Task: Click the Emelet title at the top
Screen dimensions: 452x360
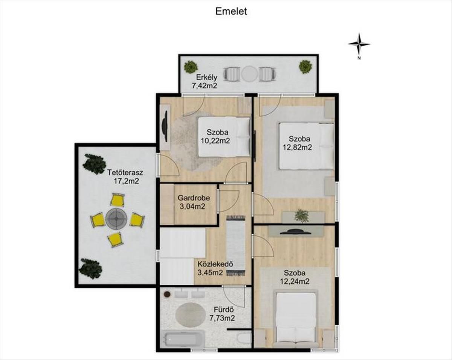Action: coord(231,11)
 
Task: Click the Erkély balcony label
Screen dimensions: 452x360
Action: coord(207,77)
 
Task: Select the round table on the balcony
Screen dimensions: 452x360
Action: coord(249,73)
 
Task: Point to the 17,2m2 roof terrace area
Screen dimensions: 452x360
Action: coord(127,181)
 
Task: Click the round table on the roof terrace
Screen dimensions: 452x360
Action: coord(116,218)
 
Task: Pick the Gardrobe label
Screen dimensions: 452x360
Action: coord(194,198)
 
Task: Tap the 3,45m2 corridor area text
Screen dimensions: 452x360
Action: coord(210,272)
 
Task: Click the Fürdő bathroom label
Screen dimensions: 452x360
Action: coord(224,310)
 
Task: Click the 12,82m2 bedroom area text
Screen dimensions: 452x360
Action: coord(297,147)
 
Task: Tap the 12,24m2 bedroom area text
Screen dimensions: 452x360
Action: coord(295,281)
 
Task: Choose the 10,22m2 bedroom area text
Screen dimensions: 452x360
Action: coord(215,140)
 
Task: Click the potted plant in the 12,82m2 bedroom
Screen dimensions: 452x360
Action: coord(301,215)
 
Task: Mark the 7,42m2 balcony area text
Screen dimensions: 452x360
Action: coord(205,85)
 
